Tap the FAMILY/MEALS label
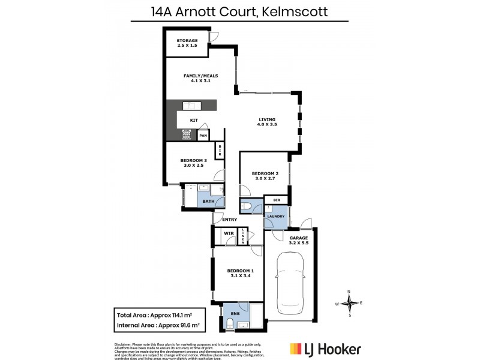tap(200, 76)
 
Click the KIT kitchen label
tap(194, 120)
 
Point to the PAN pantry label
tap(203, 136)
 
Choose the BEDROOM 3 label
tap(194, 160)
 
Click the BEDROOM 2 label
tap(265, 174)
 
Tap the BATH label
tap(208, 202)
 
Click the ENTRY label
tap(229, 220)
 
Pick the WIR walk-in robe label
tap(228, 233)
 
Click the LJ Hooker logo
tap(325, 348)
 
